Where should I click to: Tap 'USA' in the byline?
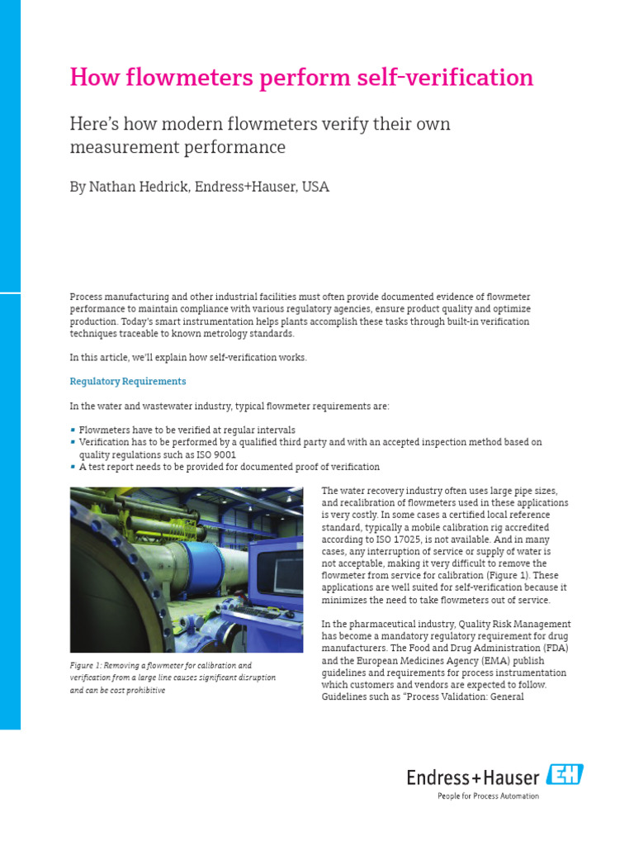pyautogui.click(x=315, y=187)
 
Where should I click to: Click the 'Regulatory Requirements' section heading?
pyautogui.click(x=128, y=381)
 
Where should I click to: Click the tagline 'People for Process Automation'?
pyautogui.click(x=488, y=796)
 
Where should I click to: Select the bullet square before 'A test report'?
pyautogui.click(x=73, y=467)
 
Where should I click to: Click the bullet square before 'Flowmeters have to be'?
pyautogui.click(x=73, y=430)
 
